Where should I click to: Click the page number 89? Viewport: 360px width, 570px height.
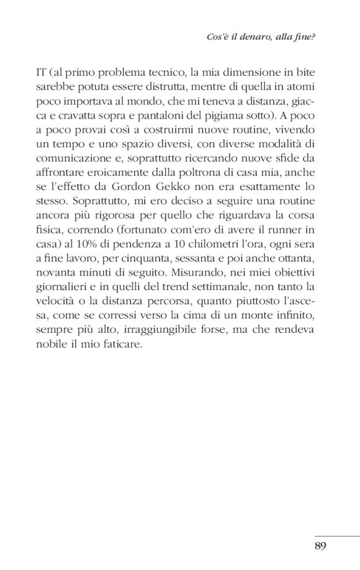pyautogui.click(x=320, y=545)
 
